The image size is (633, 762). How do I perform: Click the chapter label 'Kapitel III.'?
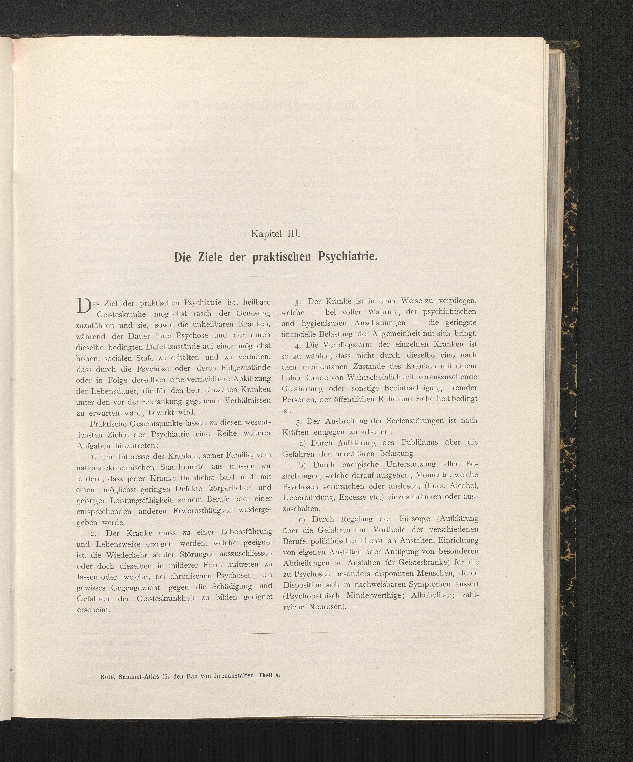pyautogui.click(x=275, y=234)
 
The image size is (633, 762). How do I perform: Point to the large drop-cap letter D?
pyautogui.click(x=83, y=305)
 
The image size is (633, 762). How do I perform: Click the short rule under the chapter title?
pyautogui.click(x=276, y=276)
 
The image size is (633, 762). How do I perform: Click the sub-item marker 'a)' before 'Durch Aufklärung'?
pyautogui.click(x=303, y=443)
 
